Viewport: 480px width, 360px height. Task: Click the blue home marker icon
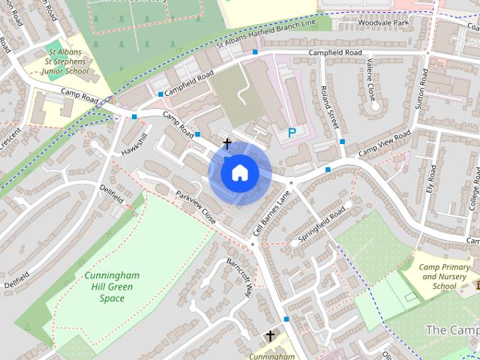[240, 173]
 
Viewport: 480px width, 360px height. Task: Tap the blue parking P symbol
[291, 133]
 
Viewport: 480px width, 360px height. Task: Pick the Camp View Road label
[384, 142]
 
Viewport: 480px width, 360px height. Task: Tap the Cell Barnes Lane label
[271, 212]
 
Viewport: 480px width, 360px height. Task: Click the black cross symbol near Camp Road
[226, 142]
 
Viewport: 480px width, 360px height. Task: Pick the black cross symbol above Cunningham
[270, 336]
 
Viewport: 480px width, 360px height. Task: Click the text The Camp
[452, 330]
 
